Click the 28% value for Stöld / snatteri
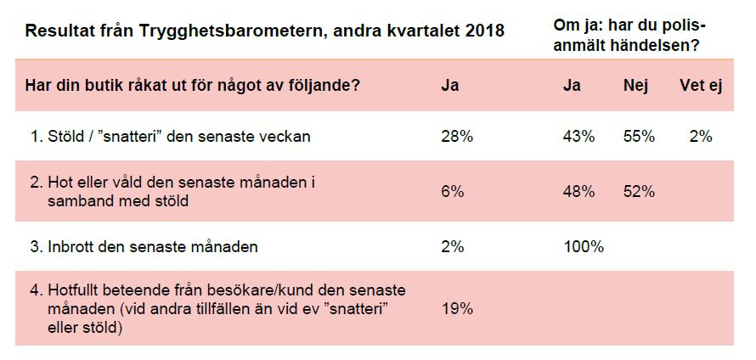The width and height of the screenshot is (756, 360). [457, 136]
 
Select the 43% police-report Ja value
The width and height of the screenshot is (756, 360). [578, 136]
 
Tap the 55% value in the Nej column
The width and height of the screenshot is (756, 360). [639, 136]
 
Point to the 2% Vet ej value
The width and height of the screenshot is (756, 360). [701, 136]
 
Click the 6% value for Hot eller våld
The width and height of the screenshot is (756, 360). [453, 192]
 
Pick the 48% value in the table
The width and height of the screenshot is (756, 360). [578, 192]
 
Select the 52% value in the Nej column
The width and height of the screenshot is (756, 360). [639, 192]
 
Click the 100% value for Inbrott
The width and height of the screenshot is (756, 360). [583, 248]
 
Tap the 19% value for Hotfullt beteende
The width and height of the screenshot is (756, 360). [457, 309]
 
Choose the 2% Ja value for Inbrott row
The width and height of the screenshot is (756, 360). [453, 248]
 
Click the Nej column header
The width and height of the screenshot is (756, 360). [635, 86]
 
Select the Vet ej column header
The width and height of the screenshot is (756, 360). [701, 86]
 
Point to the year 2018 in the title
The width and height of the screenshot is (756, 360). [485, 31]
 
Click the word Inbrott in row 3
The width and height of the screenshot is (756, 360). [71, 248]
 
